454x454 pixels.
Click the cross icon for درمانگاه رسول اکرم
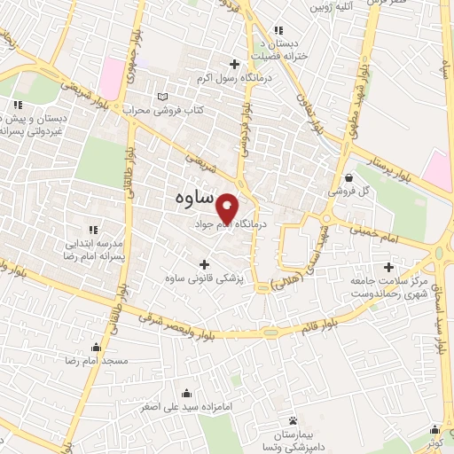pos(234,63)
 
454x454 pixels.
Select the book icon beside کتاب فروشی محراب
pos(160,96)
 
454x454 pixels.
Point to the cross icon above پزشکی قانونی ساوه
pos(205,263)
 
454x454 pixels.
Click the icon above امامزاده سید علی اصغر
pos(185,393)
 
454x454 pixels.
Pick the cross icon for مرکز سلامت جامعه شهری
pos(387,266)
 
